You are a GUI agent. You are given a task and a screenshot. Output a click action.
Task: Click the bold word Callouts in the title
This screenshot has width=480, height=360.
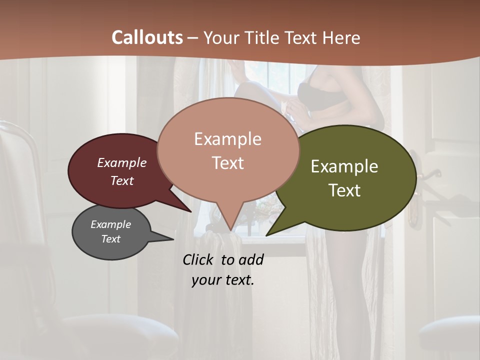tap(147, 37)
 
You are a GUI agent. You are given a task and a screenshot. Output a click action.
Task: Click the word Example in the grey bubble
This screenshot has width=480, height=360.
tap(110, 224)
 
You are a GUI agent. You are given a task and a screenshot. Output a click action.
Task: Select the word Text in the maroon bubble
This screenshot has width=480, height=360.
tap(122, 180)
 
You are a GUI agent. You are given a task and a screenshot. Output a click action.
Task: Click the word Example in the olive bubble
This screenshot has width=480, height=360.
tap(344, 166)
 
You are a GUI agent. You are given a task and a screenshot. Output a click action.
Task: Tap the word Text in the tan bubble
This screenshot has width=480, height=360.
tap(228, 163)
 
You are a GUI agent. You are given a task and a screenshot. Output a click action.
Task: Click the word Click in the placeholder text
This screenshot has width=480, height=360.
tap(198, 259)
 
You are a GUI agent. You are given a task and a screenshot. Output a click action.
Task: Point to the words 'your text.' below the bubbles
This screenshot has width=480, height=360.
tap(223, 280)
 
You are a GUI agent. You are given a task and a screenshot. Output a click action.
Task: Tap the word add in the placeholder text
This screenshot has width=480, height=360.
tap(251, 259)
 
